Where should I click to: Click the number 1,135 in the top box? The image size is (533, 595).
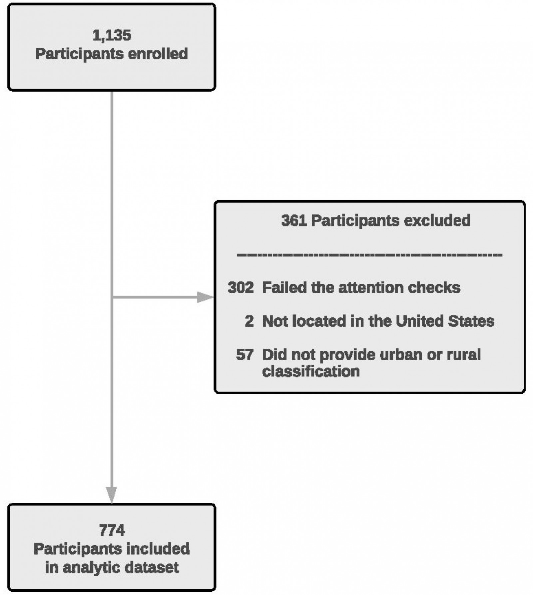click(112, 35)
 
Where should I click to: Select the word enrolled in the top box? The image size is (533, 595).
click(158, 54)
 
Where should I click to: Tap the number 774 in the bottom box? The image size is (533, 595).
click(112, 530)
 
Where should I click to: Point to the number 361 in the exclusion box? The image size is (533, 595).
click(294, 221)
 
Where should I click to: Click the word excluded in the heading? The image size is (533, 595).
click(437, 221)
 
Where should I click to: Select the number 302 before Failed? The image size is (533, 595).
click(241, 288)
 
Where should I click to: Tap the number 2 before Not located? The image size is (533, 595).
click(249, 321)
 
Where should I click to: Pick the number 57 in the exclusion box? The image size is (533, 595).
click(245, 354)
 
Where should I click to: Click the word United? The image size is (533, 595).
click(419, 321)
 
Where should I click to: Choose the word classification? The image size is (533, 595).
click(311, 371)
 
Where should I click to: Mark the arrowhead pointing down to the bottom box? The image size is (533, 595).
click(112, 494)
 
